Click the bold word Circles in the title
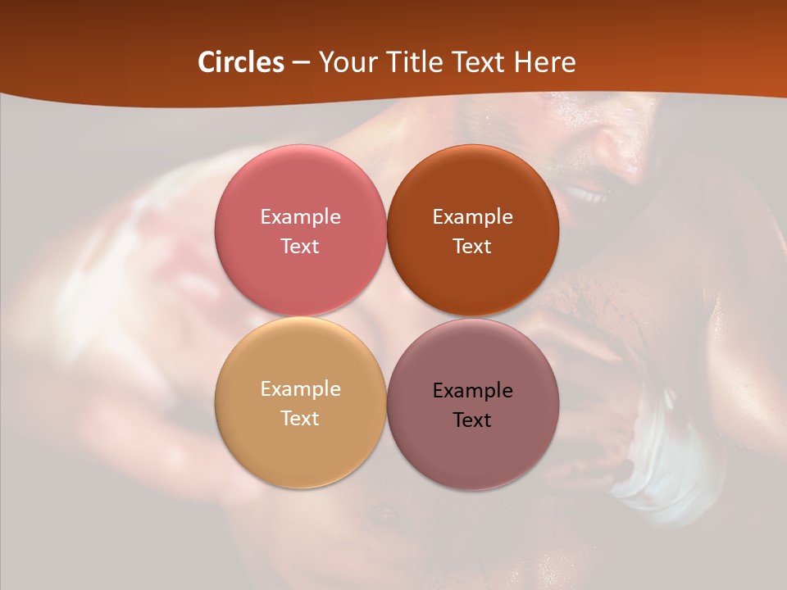tap(240, 62)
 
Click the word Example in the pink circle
tap(300, 216)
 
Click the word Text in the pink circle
tap(300, 246)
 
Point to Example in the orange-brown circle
tap(472, 216)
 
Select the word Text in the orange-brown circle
tap(472, 246)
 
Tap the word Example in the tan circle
tap(300, 388)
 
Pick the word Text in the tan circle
tap(300, 418)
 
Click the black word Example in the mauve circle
tap(472, 390)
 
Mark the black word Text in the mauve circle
tap(472, 420)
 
